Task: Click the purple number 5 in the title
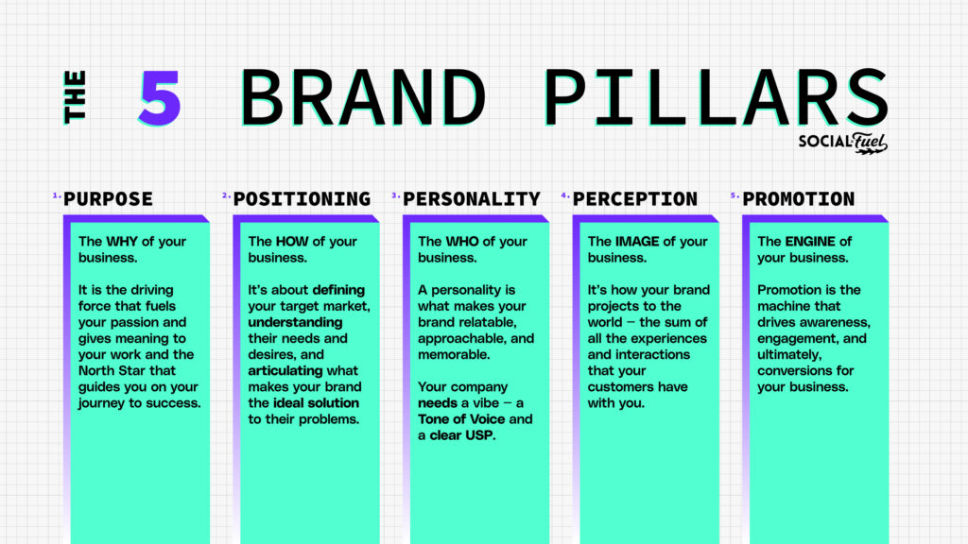click(159, 98)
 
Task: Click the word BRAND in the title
click(363, 98)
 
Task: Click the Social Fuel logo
click(840, 143)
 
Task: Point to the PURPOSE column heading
click(108, 199)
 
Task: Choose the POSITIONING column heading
click(302, 199)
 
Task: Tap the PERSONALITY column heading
click(472, 199)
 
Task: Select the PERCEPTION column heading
click(635, 199)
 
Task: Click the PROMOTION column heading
click(799, 199)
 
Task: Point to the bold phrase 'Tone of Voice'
click(463, 419)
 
